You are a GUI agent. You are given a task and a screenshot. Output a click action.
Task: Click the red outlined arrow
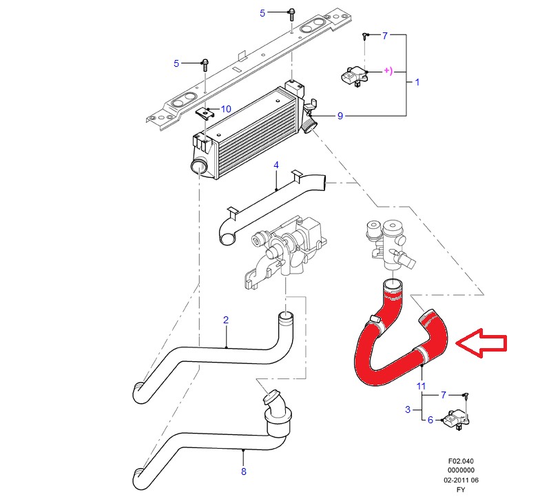(x=481, y=343)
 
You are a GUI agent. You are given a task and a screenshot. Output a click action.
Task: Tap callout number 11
(x=421, y=386)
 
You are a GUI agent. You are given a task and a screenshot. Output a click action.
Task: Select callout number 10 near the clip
(x=226, y=109)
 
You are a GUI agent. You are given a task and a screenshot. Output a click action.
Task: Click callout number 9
(x=340, y=116)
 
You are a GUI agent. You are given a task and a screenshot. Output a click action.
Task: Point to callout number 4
(x=276, y=165)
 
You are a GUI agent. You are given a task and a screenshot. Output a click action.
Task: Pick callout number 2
(x=226, y=320)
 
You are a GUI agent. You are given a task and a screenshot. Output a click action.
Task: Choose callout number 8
(x=244, y=471)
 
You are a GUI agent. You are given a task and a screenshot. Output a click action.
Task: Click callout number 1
(x=417, y=82)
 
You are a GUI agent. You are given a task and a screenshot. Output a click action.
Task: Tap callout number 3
(x=408, y=409)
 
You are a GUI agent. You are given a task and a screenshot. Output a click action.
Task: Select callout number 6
(x=431, y=420)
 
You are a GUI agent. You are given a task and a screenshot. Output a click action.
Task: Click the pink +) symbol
(x=388, y=71)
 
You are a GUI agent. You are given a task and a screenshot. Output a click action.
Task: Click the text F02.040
(x=461, y=461)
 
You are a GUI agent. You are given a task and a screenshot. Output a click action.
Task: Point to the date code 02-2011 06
(x=461, y=480)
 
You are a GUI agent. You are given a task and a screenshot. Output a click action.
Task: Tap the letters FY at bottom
(x=461, y=490)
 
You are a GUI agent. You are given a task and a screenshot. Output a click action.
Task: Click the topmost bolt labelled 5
(x=291, y=14)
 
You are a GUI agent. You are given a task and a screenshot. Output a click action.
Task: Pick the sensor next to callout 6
(x=455, y=418)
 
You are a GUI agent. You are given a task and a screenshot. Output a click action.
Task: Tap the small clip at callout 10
(x=205, y=114)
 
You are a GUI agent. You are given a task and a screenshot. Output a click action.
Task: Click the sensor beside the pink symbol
(x=354, y=77)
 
